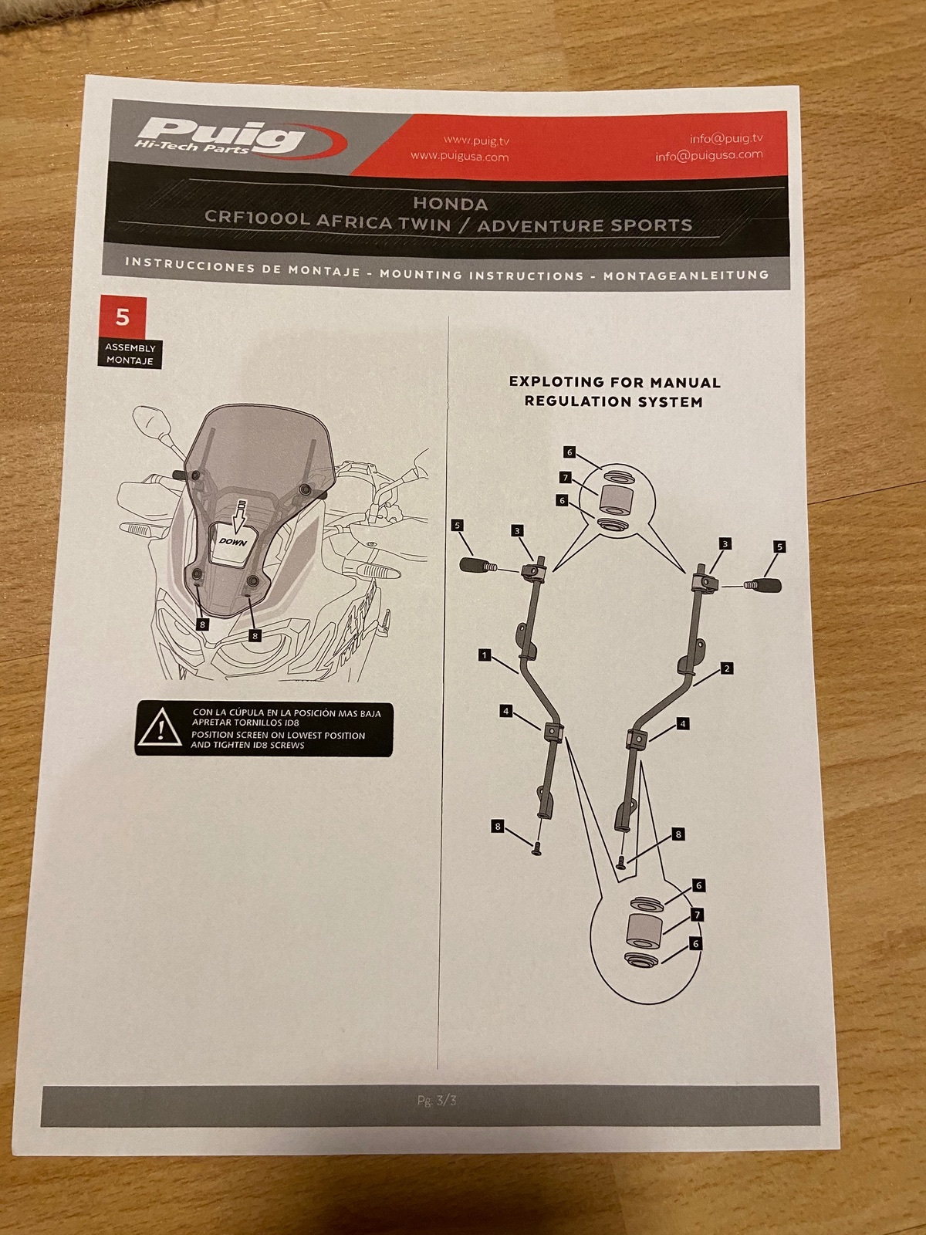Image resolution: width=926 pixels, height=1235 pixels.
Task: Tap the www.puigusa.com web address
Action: click(459, 156)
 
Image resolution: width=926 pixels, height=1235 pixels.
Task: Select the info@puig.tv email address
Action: click(726, 138)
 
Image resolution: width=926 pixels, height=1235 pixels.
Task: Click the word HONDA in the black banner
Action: click(451, 203)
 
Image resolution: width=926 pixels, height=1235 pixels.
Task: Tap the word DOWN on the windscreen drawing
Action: click(233, 542)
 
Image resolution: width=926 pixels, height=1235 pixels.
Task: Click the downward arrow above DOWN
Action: click(241, 514)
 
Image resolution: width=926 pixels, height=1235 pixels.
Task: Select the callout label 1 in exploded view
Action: click(485, 655)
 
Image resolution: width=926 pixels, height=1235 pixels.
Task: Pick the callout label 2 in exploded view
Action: click(727, 668)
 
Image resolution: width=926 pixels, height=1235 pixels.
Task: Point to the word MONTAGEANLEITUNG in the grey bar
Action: click(686, 276)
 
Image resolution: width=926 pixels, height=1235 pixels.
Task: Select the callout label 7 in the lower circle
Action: click(697, 915)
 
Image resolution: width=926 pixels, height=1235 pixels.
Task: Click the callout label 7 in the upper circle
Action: click(566, 478)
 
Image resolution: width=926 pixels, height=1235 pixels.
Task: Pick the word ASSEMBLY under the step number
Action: click(130, 347)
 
